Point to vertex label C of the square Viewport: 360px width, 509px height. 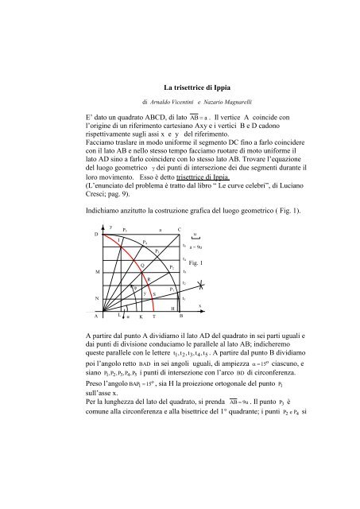(180, 230)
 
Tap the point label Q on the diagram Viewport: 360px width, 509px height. (141, 264)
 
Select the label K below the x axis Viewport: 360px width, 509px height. (141, 316)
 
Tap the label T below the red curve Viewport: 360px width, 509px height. (153, 316)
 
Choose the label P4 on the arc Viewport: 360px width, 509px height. (144, 241)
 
